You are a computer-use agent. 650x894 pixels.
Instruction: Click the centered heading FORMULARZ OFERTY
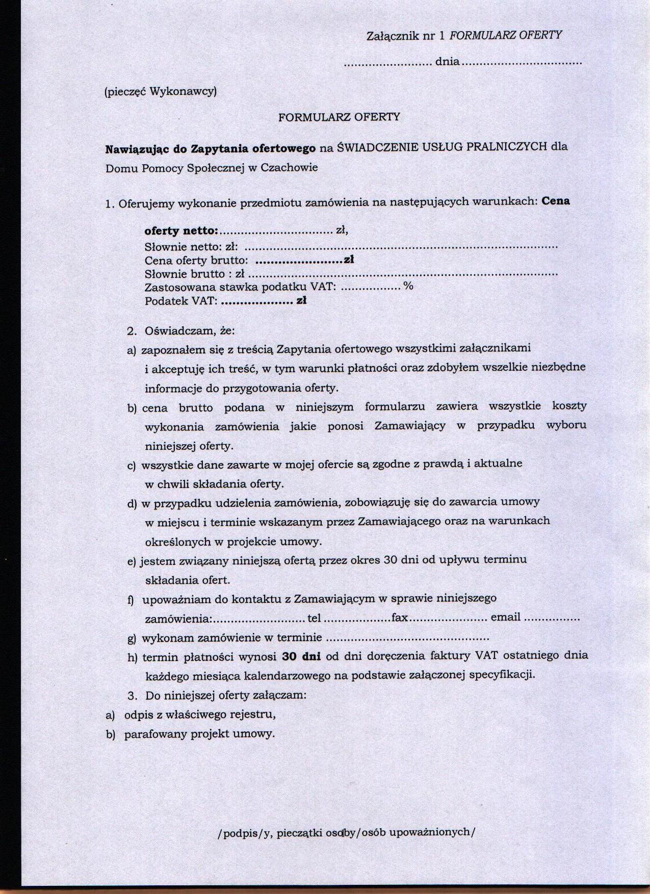(x=339, y=117)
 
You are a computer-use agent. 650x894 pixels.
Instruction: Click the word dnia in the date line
(x=447, y=62)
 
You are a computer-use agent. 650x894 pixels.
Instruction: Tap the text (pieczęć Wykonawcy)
(x=161, y=92)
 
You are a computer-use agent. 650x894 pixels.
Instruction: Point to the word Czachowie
(x=289, y=167)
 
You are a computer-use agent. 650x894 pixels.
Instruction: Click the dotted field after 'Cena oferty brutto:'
(x=298, y=261)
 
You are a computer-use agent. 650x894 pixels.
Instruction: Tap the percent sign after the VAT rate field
(x=408, y=286)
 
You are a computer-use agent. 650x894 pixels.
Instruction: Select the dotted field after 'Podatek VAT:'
(x=257, y=301)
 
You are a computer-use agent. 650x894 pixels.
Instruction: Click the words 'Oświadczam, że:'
(x=190, y=330)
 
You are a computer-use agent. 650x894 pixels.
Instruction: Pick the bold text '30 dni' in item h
(x=301, y=656)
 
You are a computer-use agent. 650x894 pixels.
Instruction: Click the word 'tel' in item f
(x=314, y=618)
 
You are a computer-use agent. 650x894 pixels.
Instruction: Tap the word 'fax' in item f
(x=400, y=618)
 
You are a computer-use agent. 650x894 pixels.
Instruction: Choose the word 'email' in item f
(x=505, y=617)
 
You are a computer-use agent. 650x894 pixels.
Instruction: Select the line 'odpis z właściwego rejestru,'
(x=200, y=714)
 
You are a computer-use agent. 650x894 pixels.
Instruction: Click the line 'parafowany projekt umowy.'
(x=199, y=734)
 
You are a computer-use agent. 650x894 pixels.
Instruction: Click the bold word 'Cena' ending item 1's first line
(x=556, y=200)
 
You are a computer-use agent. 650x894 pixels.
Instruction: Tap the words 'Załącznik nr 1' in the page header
(x=406, y=36)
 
